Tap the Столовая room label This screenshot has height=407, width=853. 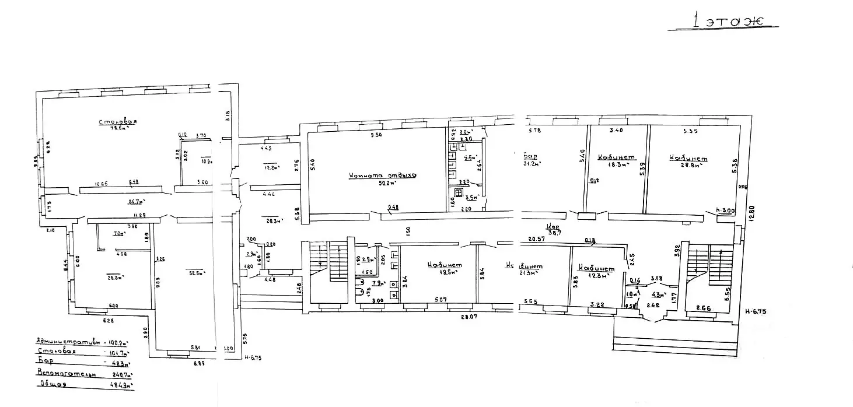117,122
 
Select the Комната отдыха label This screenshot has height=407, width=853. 382,176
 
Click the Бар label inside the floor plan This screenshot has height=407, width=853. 530,156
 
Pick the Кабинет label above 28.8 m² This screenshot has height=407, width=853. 688,159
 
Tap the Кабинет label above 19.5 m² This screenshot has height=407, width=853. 445,264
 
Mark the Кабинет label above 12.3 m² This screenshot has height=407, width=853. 596,268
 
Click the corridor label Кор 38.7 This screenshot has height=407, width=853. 553,229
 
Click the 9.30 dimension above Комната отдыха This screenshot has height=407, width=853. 375,135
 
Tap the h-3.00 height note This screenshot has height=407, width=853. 724,210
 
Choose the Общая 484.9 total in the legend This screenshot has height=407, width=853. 85,384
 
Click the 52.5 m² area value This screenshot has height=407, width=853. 193,271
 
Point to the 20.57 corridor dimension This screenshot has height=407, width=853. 536,239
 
